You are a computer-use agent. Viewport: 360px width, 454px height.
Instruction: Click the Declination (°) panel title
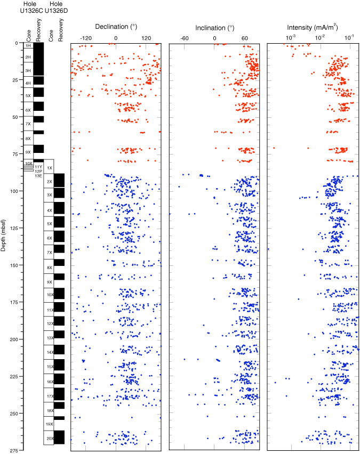pyautogui.click(x=116, y=27)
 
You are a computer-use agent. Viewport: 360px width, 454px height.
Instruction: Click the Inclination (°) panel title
pyautogui.click(x=214, y=27)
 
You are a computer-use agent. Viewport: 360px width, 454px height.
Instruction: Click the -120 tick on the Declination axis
pyautogui.click(x=85, y=38)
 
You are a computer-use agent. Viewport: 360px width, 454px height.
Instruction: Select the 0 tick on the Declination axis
pyautogui.click(x=116, y=38)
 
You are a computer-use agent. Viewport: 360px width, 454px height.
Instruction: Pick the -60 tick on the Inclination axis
pyautogui.click(x=185, y=38)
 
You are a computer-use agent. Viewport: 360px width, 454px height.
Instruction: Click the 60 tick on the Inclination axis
pyautogui.click(x=245, y=38)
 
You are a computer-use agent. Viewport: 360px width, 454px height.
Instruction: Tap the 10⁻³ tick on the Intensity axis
pyautogui.click(x=291, y=38)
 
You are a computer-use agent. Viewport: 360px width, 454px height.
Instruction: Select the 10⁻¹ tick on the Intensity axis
pyautogui.click(x=349, y=38)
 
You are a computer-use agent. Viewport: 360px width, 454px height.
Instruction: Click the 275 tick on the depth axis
pyautogui.click(x=12, y=451)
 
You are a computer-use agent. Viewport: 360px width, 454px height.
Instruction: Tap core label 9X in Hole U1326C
pyautogui.click(x=28, y=152)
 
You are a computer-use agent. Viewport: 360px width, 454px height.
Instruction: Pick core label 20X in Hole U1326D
pyautogui.click(x=49, y=438)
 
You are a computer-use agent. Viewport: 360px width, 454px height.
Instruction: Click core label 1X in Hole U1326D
pyautogui.click(x=50, y=168)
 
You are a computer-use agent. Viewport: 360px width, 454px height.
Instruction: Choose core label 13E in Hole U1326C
pyautogui.click(x=38, y=176)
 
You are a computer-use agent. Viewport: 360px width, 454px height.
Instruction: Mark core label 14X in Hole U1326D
pyautogui.click(x=49, y=352)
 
